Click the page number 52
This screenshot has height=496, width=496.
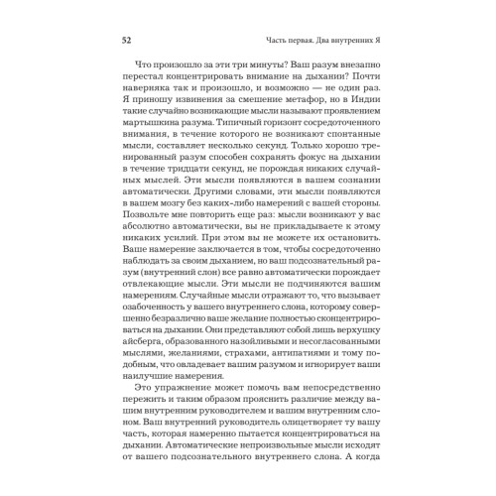point(126,41)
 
